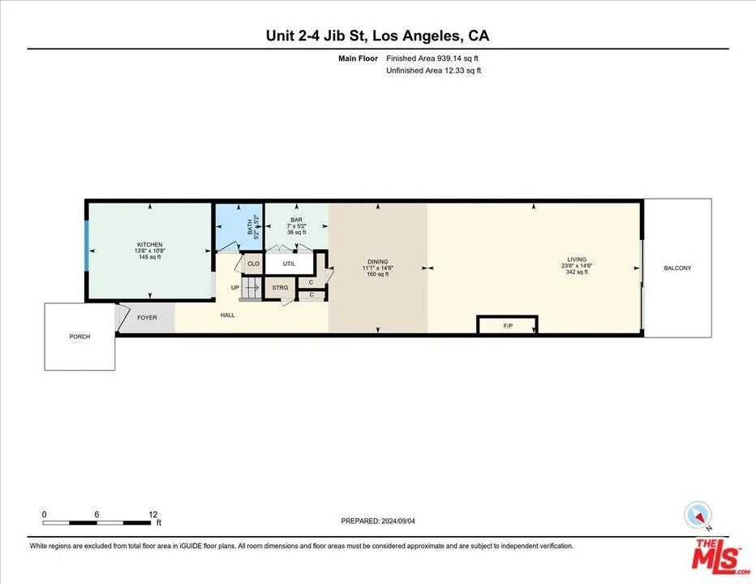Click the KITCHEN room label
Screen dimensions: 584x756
[149, 245]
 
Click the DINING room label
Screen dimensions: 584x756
[378, 262]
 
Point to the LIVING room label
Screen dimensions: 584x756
[577, 259]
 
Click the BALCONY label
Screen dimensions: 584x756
[677, 268]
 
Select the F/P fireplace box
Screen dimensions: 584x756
[508, 326]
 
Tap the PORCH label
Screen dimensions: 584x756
[79, 337]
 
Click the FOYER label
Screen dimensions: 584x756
[147, 317]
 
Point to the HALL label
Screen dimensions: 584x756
[228, 315]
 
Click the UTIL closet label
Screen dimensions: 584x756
[289, 264]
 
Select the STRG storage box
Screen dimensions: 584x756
[280, 288]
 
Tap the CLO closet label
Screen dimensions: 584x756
[253, 264]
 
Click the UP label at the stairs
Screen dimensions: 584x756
[234, 288]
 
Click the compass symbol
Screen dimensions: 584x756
[698, 514]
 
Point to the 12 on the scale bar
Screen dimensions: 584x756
[152, 514]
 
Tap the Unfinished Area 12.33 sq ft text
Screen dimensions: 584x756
[433, 71]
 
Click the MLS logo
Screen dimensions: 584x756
[717, 557]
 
